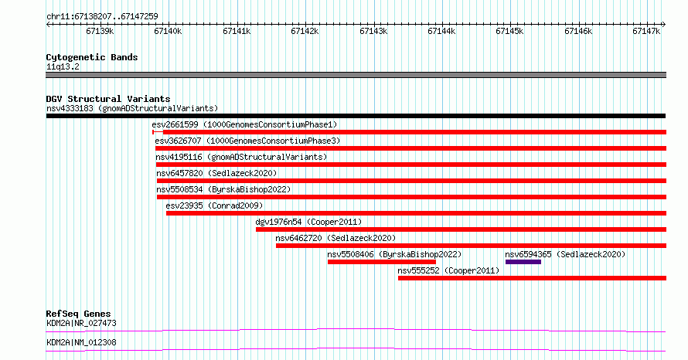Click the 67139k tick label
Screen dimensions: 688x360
tap(100, 31)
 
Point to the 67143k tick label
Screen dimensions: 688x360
tap(373, 31)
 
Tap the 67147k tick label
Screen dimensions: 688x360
tap(646, 31)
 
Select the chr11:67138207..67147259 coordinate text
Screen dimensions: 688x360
tap(102, 17)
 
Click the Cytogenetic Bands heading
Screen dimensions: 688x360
tap(92, 57)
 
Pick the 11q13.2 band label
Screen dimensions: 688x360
tap(63, 67)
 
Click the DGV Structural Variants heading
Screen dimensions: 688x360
tap(108, 99)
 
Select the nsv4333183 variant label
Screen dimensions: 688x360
tap(70, 108)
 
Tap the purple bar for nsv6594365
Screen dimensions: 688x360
tap(523, 262)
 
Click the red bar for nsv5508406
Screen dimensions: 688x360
tap(382, 262)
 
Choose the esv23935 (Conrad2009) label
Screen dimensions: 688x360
tap(215, 205)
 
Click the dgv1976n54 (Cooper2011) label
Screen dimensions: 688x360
tap(309, 222)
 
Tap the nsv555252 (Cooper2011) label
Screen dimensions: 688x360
tap(448, 270)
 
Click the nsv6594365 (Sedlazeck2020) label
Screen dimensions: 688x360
tap(565, 254)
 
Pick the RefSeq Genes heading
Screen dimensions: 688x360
tap(79, 314)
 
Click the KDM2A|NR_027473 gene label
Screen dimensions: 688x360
tap(82, 324)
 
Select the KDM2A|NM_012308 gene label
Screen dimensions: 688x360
tap(82, 342)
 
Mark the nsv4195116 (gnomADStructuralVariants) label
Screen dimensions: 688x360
tap(241, 157)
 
